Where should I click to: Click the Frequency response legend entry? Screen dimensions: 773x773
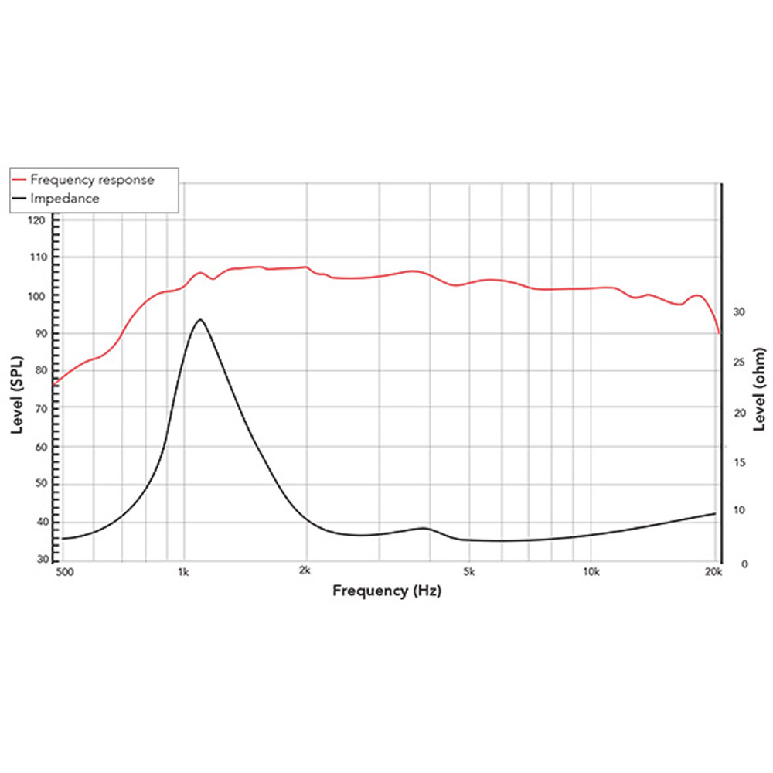92,179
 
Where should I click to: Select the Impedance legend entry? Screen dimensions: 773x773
65,199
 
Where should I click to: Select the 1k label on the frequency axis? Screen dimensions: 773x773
183,573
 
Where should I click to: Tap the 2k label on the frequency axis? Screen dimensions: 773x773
305,573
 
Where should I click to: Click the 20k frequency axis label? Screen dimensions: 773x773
713,573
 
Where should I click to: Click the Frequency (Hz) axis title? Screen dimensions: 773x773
387,591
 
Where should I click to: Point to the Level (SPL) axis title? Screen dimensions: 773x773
18,396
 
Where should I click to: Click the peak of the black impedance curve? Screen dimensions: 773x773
200,319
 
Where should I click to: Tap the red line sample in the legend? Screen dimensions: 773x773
20,179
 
